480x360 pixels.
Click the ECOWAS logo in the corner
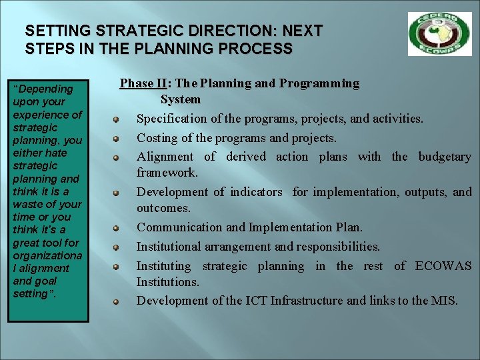[439, 34]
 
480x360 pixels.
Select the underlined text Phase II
[143, 83]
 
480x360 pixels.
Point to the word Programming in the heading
[319, 83]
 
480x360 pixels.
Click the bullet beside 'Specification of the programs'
[115, 119]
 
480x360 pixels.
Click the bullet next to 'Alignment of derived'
[115, 157]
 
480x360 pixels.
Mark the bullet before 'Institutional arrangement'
[115, 247]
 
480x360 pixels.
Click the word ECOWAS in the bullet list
[443, 266]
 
